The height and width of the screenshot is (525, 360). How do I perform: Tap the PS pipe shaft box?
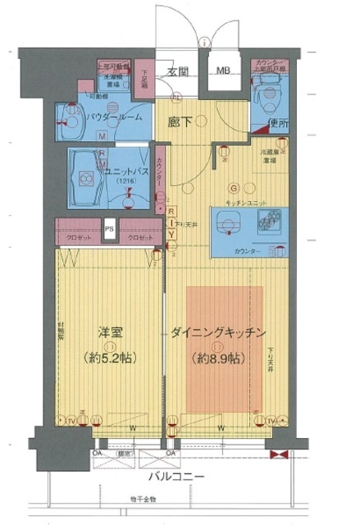click(109, 229)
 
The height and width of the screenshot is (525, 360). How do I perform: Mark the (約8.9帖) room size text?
click(218, 358)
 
